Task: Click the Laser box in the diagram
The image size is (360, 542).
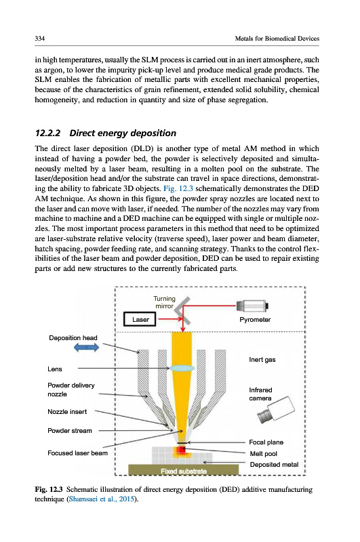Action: tap(140, 319)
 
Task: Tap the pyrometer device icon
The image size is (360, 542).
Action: tap(253, 306)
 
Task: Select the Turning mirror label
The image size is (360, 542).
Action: tap(165, 302)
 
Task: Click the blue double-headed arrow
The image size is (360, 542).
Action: tap(87, 348)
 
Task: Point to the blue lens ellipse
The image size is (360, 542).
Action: tap(182, 368)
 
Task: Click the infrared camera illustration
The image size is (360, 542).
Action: tap(277, 410)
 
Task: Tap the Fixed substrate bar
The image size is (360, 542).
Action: tap(183, 470)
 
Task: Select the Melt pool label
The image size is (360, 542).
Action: tap(264, 453)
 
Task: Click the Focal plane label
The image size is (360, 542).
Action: tap(266, 442)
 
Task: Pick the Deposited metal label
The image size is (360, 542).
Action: tap(274, 465)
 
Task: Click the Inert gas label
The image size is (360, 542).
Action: tap(262, 360)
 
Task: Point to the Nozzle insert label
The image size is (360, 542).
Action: tap(67, 412)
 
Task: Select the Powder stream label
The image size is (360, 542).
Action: tap(70, 431)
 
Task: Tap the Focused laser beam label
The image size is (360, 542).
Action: tap(77, 453)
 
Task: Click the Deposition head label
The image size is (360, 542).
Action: tap(73, 337)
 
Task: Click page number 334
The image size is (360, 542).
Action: tap(40, 39)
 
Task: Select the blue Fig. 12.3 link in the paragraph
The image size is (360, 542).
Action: tap(178, 189)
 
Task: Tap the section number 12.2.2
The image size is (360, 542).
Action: tap(47, 133)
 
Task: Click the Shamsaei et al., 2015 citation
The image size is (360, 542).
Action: tap(101, 499)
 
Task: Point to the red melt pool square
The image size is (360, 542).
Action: tap(182, 450)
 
